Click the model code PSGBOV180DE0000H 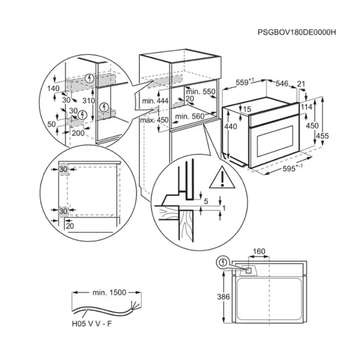[x=297, y=32]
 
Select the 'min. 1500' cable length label [x=109, y=293]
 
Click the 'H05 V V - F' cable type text [x=92, y=324]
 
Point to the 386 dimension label [x=223, y=297]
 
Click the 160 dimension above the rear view [x=259, y=251]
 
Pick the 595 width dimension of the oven [x=289, y=169]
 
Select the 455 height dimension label [x=322, y=136]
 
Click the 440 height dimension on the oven [x=230, y=126]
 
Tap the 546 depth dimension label [x=281, y=84]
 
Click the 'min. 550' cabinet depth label [x=201, y=92]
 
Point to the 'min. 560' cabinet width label [x=190, y=117]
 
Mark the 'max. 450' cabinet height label [x=154, y=120]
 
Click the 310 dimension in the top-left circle [x=88, y=100]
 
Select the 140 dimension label [x=54, y=88]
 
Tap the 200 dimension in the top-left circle [x=78, y=133]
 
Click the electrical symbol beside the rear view [x=223, y=262]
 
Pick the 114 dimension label [x=306, y=107]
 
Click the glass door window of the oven [x=276, y=140]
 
